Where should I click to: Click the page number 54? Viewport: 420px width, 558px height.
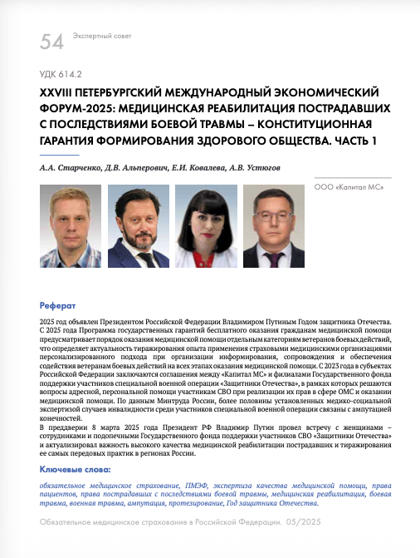[51, 41]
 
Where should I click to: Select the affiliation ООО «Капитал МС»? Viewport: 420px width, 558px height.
[349, 189]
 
